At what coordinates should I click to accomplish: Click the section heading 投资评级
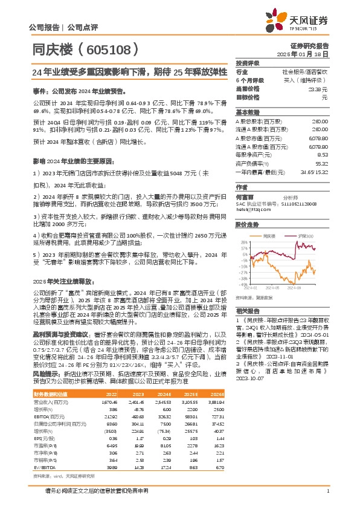point(248,63)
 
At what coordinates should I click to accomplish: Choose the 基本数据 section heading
point(248,112)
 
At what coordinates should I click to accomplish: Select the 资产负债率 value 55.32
point(321,163)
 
